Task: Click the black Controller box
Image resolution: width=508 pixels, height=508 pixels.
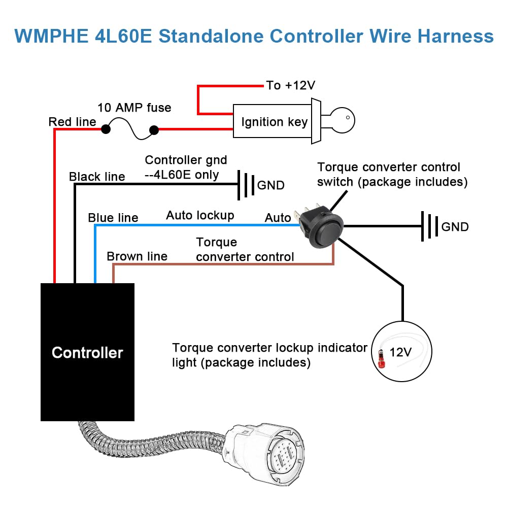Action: point(87,352)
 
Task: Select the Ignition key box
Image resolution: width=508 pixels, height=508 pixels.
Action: point(274,121)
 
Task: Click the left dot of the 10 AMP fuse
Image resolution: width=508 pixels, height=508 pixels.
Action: point(106,129)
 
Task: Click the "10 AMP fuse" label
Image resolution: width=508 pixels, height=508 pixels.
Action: point(134,108)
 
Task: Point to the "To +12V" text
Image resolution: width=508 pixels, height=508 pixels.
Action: point(290,85)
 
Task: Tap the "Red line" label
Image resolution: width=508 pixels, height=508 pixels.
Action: point(72,122)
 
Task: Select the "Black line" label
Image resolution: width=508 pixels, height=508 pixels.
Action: point(97,177)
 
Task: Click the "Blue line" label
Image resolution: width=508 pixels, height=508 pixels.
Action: point(113,218)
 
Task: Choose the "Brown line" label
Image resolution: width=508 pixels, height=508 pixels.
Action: point(137,256)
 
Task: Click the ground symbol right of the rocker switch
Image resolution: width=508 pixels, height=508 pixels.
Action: point(430,226)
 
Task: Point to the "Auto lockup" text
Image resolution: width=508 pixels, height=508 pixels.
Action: point(200,215)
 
